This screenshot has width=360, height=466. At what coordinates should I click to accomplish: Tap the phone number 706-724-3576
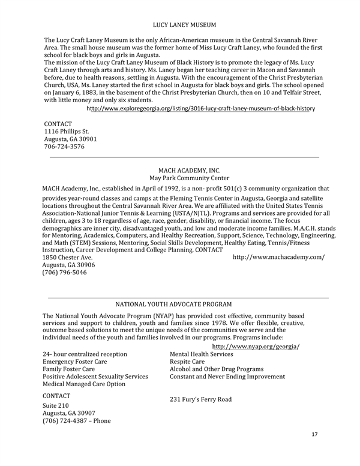click(x=64, y=146)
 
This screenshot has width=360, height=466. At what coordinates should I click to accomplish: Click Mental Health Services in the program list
click(x=202, y=354)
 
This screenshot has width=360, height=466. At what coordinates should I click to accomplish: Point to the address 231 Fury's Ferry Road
click(x=200, y=399)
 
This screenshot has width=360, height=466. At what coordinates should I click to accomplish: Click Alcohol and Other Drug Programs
click(x=217, y=369)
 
